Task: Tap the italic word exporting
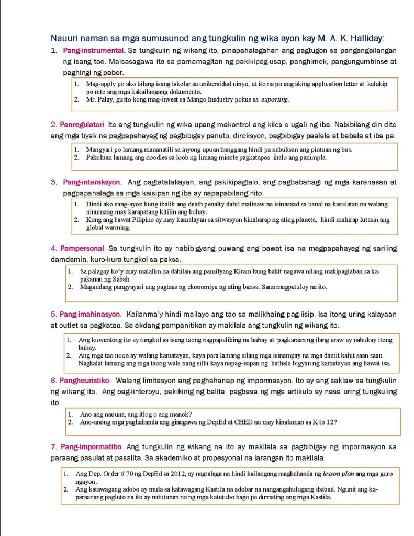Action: [275, 99]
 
